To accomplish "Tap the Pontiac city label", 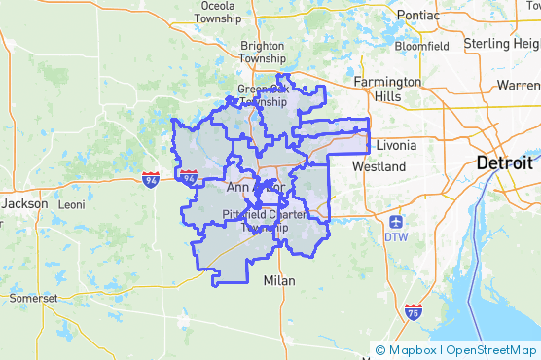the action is [417, 15].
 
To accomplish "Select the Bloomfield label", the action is [421, 45].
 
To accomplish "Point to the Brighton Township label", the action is [263, 52].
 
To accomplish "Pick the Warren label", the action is [518, 86].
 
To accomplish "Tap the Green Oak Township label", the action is [263, 95].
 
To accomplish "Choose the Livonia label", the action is [395, 145].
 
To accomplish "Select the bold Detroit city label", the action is [504, 163].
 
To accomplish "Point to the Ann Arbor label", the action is [254, 186].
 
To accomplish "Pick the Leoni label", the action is [71, 205].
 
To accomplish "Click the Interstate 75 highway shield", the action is [413, 311].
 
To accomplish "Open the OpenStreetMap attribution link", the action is [492, 350].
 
